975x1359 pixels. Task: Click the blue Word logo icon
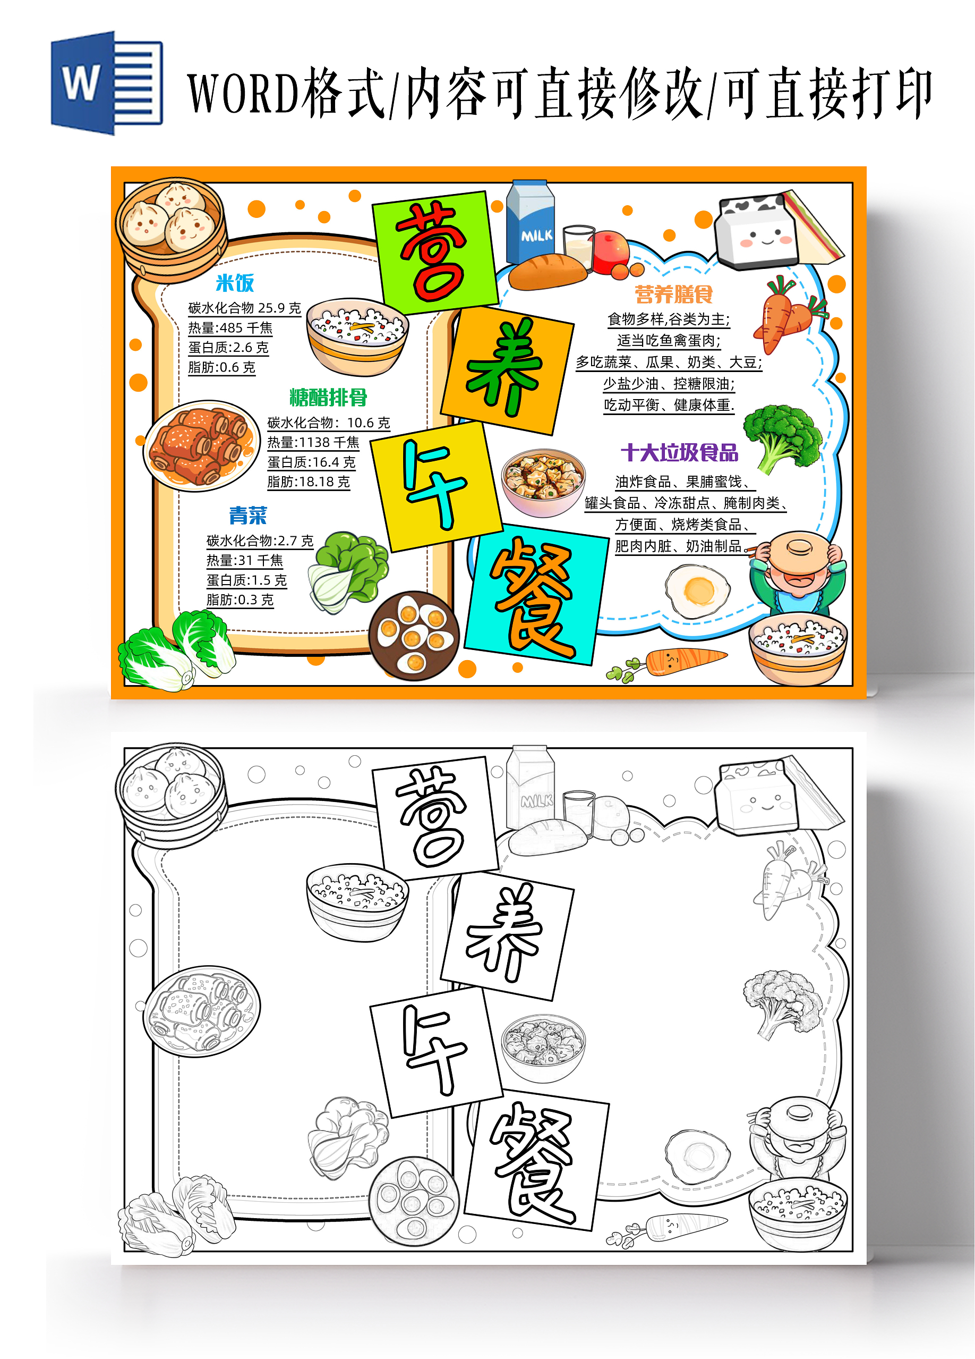(x=107, y=83)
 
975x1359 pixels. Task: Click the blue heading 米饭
(x=235, y=283)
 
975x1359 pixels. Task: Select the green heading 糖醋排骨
(x=328, y=396)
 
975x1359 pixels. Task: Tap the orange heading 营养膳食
(x=673, y=294)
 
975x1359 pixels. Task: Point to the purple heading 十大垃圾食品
(x=679, y=452)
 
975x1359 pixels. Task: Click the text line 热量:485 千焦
(x=230, y=328)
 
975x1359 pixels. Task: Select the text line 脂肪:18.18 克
(x=309, y=482)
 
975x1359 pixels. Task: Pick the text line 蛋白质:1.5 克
(x=247, y=580)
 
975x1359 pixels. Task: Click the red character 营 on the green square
(x=431, y=252)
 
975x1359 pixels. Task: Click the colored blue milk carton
(x=530, y=222)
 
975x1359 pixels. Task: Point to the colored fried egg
(x=698, y=592)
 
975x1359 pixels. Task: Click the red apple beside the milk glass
(x=611, y=250)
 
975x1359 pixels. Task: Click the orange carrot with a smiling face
(x=685, y=661)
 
